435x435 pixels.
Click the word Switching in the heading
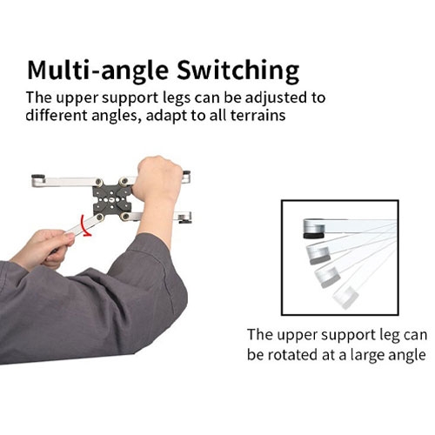(x=238, y=71)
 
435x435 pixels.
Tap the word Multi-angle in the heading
(x=97, y=71)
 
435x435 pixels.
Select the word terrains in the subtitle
(x=258, y=116)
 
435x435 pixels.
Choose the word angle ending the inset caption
(x=409, y=356)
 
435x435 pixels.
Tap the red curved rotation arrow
(x=85, y=226)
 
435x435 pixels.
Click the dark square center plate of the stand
(x=112, y=199)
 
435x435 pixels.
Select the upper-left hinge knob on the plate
(x=99, y=182)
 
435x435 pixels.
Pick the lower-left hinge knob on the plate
(x=100, y=217)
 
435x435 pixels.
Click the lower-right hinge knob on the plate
(x=125, y=217)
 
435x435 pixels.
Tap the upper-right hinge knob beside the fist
(x=124, y=181)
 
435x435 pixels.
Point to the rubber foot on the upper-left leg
(x=38, y=177)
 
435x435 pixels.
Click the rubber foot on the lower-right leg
(x=184, y=222)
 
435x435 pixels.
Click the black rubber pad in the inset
(x=314, y=235)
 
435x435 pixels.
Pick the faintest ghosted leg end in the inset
(x=345, y=298)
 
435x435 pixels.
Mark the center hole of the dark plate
(x=112, y=199)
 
